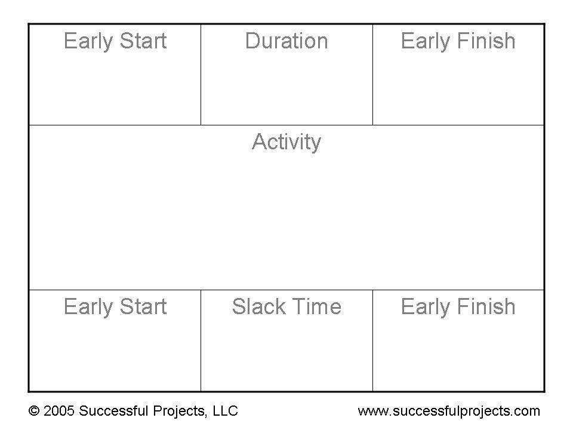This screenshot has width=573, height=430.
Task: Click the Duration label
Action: [x=286, y=41]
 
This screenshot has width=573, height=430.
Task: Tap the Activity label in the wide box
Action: [x=286, y=142]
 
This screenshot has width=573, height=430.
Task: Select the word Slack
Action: [x=258, y=306]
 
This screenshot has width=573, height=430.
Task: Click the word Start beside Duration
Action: [x=143, y=41]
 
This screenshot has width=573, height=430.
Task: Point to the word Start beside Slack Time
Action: [x=143, y=306]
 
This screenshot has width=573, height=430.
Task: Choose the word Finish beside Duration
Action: [x=486, y=41]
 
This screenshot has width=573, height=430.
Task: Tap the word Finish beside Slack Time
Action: [x=486, y=306]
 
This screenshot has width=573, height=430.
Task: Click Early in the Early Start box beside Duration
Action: [x=88, y=41]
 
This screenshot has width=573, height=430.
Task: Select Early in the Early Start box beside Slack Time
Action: [x=88, y=307]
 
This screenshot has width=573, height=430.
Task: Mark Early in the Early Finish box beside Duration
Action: [x=426, y=41]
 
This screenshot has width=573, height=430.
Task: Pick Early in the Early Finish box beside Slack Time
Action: [x=426, y=307]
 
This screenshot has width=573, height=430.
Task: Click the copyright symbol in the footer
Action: [x=34, y=411]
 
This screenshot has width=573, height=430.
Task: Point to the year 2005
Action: [x=59, y=411]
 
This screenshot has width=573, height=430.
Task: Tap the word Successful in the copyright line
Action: [x=113, y=411]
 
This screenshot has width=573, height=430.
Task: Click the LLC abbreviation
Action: [x=226, y=411]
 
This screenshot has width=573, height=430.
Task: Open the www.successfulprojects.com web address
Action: [x=449, y=411]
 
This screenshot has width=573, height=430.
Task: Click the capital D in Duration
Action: [x=252, y=41]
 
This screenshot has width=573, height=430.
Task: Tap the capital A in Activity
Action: [x=260, y=142]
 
